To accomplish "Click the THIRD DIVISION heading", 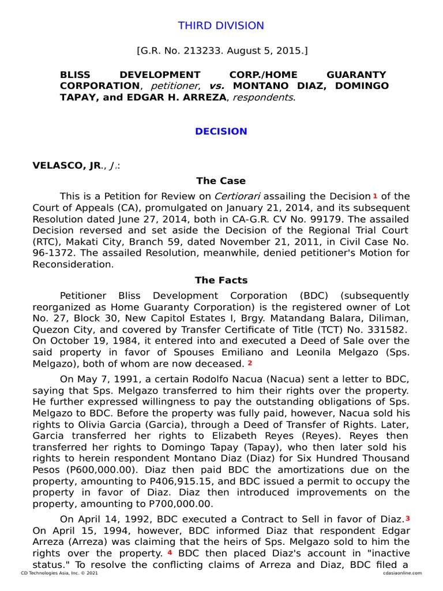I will (x=221, y=26).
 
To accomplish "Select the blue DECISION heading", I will (x=221, y=132).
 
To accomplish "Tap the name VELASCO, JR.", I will (x=66, y=166).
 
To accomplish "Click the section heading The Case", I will (x=221, y=181).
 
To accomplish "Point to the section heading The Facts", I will (x=221, y=280).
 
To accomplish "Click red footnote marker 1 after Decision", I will (x=375, y=196).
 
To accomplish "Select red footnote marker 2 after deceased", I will (x=250, y=363).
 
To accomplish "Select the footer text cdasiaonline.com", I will (x=402, y=573).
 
